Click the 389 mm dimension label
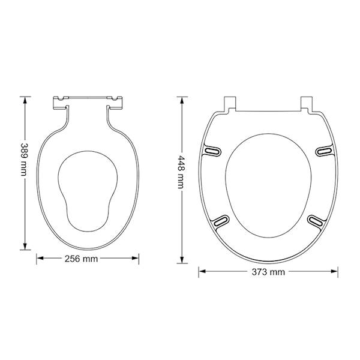click(x=24, y=160)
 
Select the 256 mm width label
click(x=81, y=259)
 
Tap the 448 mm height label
click(x=181, y=172)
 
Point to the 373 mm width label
click(x=268, y=272)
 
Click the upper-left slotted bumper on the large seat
click(x=212, y=151)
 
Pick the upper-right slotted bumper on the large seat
click(x=324, y=151)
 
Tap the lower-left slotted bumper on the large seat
click(x=220, y=221)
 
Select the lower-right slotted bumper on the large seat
click(x=317, y=221)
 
